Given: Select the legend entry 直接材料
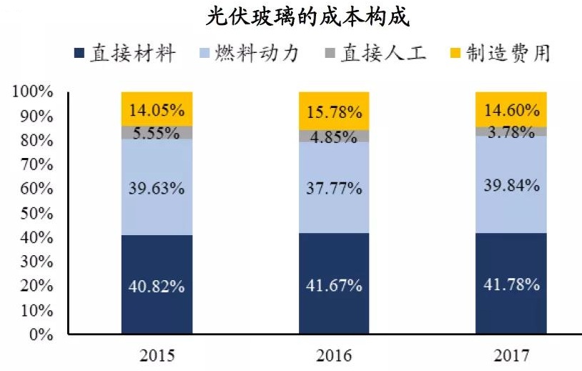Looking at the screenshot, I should pyautogui.click(x=124, y=54).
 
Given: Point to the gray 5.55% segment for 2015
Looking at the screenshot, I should pyautogui.click(x=157, y=132).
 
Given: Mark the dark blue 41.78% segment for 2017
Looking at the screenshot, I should pyautogui.click(x=511, y=284).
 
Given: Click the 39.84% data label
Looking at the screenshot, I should pyautogui.click(x=511, y=187).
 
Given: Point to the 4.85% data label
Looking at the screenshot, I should pyautogui.click(x=334, y=137).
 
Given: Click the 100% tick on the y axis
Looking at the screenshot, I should pyautogui.click(x=32, y=91).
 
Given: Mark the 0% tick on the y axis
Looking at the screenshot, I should pyautogui.click(x=39, y=334).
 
